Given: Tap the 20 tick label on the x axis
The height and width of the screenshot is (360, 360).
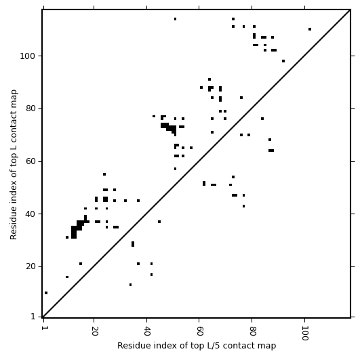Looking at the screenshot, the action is point(94,331).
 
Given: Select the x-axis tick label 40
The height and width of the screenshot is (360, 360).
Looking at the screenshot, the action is point(146,331).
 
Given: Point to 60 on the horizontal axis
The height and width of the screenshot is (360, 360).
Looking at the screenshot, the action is point(199,331).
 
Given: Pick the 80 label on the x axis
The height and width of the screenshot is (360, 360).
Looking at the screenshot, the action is point(252,331).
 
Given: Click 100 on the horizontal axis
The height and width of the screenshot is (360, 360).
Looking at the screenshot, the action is point(304,333).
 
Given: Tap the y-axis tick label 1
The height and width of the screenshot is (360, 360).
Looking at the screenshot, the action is point(33,317).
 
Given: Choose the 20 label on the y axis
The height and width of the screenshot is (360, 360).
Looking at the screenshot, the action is point(31,266).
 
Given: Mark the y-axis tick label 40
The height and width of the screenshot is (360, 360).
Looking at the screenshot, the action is point(31,214).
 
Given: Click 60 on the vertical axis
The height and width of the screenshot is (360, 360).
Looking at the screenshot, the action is point(31,161).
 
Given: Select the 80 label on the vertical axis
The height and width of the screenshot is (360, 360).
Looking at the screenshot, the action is point(31,108).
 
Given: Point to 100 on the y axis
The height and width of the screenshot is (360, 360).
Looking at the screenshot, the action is point(28,56).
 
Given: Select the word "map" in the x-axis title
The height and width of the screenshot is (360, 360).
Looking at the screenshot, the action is point(268,346).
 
